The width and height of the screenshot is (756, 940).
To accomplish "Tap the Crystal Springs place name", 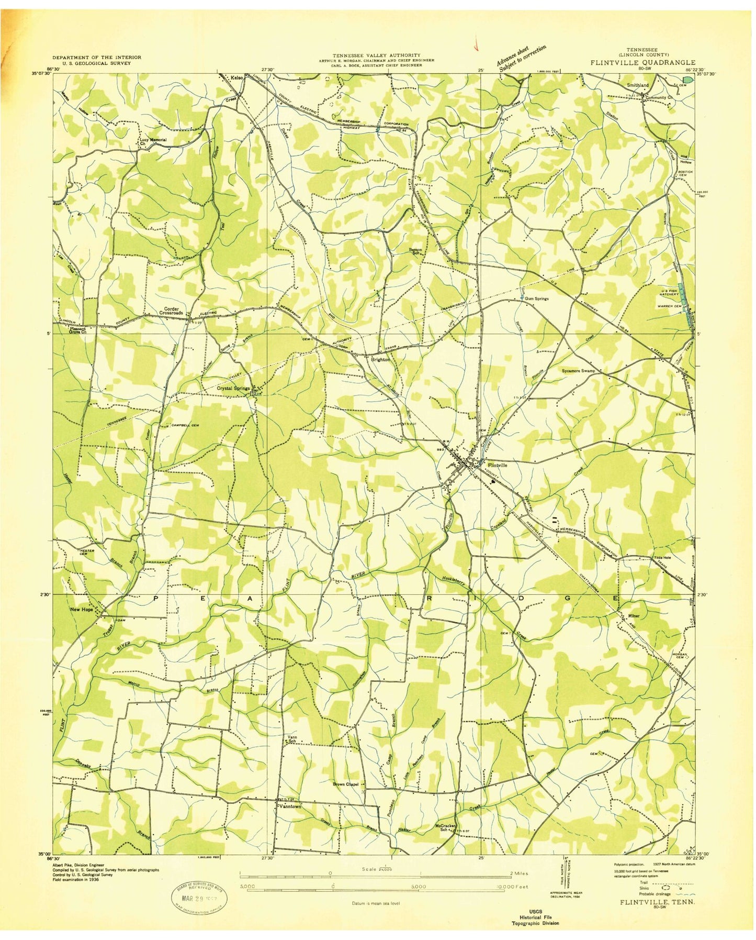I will click(x=233, y=389).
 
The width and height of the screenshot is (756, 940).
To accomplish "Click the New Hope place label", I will click(x=82, y=610).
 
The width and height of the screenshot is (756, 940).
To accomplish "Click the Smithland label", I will click(x=637, y=85).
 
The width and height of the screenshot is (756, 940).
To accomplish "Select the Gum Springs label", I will click(x=537, y=298).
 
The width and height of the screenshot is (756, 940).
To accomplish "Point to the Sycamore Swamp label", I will click(x=578, y=370).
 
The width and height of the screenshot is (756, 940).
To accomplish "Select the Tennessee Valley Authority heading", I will click(x=377, y=54).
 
